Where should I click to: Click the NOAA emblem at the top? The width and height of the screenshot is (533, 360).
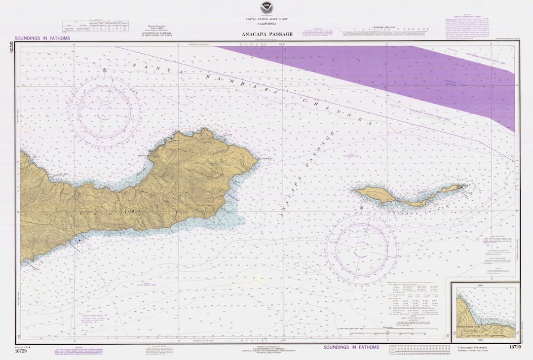click(x=266, y=7)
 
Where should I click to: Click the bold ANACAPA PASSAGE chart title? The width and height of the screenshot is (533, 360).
click(x=267, y=34)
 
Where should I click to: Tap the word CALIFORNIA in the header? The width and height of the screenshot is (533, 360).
click(x=266, y=24)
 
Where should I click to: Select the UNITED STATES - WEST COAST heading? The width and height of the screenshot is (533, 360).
click(x=266, y=19)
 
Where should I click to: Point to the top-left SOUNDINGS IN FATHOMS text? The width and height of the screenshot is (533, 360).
click(x=42, y=38)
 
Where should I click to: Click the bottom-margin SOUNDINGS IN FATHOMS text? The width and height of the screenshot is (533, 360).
click(x=351, y=347)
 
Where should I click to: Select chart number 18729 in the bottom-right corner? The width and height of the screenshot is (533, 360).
click(x=514, y=347)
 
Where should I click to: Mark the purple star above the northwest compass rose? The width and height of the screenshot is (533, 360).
click(x=105, y=71)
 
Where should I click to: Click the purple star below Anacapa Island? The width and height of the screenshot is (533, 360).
click(x=361, y=208)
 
